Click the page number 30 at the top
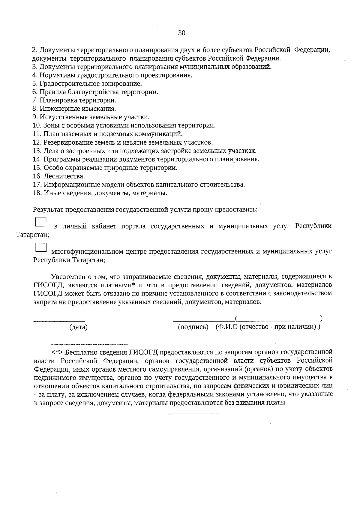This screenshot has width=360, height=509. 181,33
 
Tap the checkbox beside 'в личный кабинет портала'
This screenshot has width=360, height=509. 40,222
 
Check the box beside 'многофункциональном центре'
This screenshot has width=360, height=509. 41,247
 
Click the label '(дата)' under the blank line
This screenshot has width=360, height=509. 78,327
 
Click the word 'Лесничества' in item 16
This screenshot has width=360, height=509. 64,176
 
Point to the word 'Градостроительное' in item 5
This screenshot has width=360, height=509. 66,84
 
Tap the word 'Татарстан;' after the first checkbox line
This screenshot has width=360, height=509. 32,235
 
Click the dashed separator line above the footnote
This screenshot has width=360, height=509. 90,343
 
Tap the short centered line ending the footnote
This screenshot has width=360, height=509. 193,414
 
